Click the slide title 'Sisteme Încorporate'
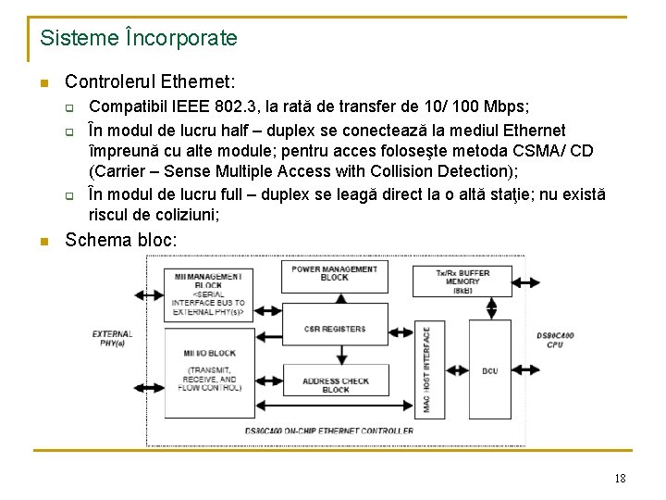point(139,39)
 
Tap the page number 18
point(620,478)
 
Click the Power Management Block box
point(334,273)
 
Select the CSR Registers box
point(334,329)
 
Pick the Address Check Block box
point(334,386)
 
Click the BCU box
point(489,371)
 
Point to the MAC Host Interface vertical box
point(425,369)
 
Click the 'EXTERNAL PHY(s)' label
point(112,338)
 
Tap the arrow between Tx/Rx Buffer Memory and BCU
point(489,308)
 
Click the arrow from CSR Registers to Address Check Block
point(334,355)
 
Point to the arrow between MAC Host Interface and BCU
point(452,370)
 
